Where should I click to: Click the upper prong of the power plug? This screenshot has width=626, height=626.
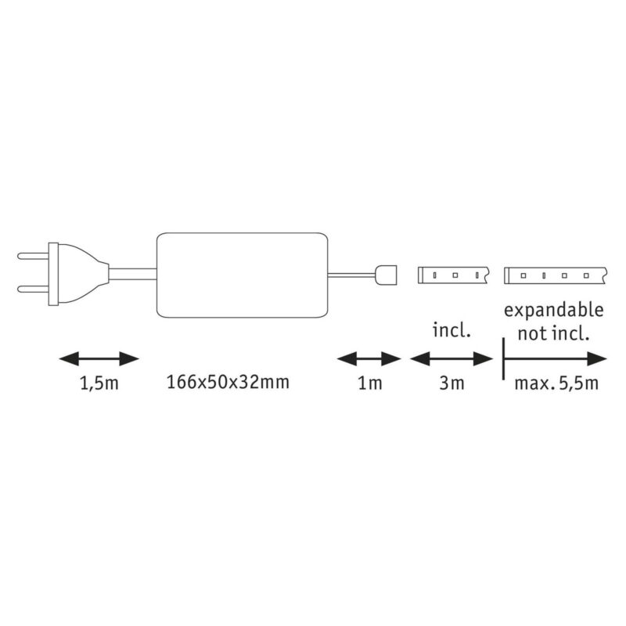coord(33,256)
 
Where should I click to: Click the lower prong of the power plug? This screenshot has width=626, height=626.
coord(33,289)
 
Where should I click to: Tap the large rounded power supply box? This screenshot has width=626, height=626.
coord(243,275)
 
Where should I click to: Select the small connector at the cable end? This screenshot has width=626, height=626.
coord(386,275)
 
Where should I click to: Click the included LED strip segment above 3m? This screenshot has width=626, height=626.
coord(454,275)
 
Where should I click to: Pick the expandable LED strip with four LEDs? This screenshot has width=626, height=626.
coord(556,275)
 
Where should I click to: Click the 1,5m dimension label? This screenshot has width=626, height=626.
coord(99,383)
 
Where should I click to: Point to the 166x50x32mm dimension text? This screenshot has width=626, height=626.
coord(228,382)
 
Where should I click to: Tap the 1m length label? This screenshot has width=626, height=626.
coord(370,383)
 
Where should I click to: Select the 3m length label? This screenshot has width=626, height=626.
coord(452,383)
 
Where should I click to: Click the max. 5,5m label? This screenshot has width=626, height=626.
coord(556,383)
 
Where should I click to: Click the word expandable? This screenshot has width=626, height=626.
coord(554,310)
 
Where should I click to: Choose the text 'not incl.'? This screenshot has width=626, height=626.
coord(554,333)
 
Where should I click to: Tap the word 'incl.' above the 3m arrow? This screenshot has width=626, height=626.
coord(452,330)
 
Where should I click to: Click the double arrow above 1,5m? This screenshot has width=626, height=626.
coord(99,359)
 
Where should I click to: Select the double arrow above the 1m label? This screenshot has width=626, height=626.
coord(369,359)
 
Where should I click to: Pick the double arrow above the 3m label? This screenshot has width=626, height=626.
coord(452,359)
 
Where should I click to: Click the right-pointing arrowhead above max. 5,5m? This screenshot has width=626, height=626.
coord(597,359)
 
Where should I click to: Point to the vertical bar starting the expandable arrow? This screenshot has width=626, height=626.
coord(504,358)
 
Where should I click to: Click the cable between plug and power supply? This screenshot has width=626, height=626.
coord(132,274)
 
